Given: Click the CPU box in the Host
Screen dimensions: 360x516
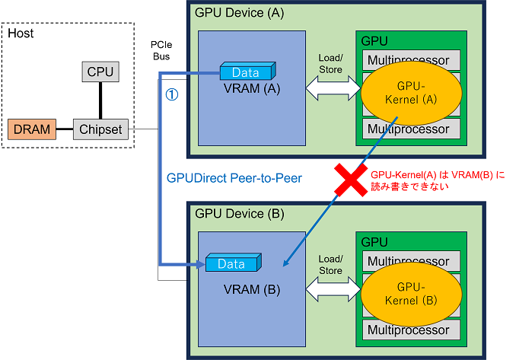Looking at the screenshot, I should click(100, 72).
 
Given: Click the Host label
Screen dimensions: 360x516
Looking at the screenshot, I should click(21, 33).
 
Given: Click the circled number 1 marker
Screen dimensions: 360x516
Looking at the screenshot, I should click(172, 95).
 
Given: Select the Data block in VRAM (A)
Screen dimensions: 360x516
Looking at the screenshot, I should click(245, 72).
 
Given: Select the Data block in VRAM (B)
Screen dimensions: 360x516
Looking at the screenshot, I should click(232, 264).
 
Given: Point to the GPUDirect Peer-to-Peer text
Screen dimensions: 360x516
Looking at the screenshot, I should click(234, 178).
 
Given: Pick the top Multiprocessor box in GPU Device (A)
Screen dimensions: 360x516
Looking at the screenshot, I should click(412, 60).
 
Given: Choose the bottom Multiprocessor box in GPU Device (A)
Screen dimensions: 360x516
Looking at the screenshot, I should click(412, 129).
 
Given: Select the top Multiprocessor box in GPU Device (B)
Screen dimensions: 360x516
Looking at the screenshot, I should click(412, 261).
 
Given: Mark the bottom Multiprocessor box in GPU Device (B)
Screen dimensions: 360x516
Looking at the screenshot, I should click(412, 330).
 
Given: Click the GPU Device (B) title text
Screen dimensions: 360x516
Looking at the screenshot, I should click(239, 214).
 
